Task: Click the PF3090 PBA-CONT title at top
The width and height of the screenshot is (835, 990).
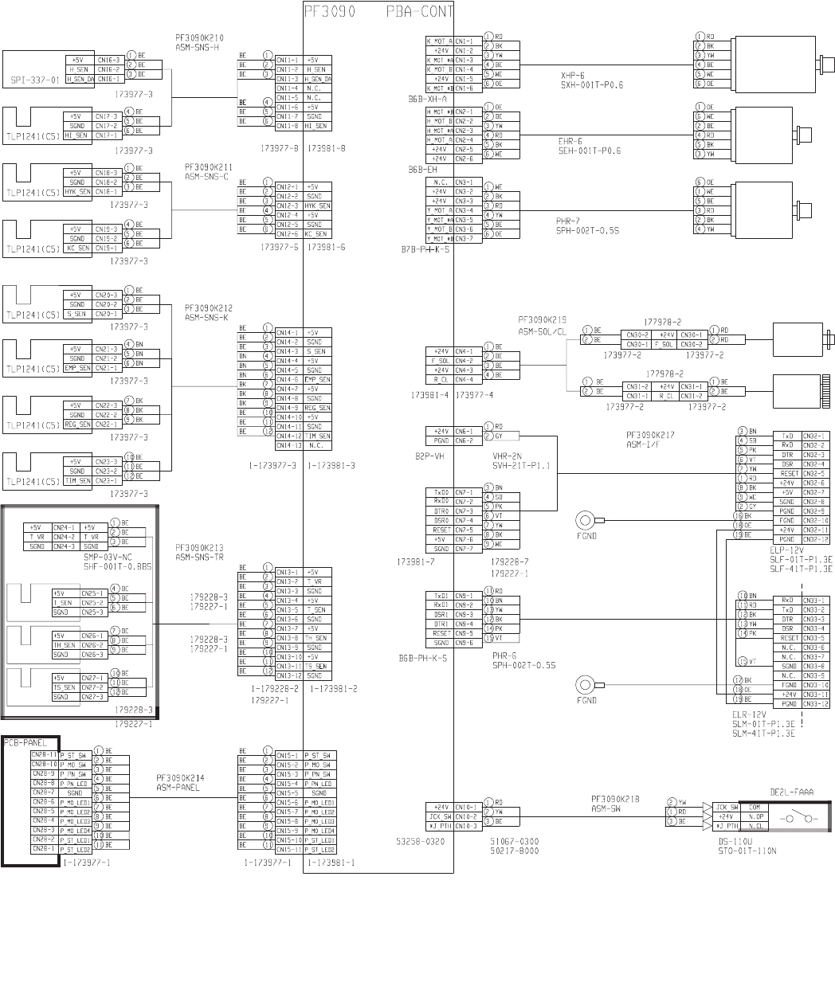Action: tap(378, 12)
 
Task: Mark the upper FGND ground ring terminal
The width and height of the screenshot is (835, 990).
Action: tap(586, 521)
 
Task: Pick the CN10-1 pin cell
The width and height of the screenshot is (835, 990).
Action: tap(465, 808)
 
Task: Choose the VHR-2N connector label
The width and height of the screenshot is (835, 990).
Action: tap(507, 456)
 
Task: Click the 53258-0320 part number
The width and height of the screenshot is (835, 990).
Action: tap(419, 839)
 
